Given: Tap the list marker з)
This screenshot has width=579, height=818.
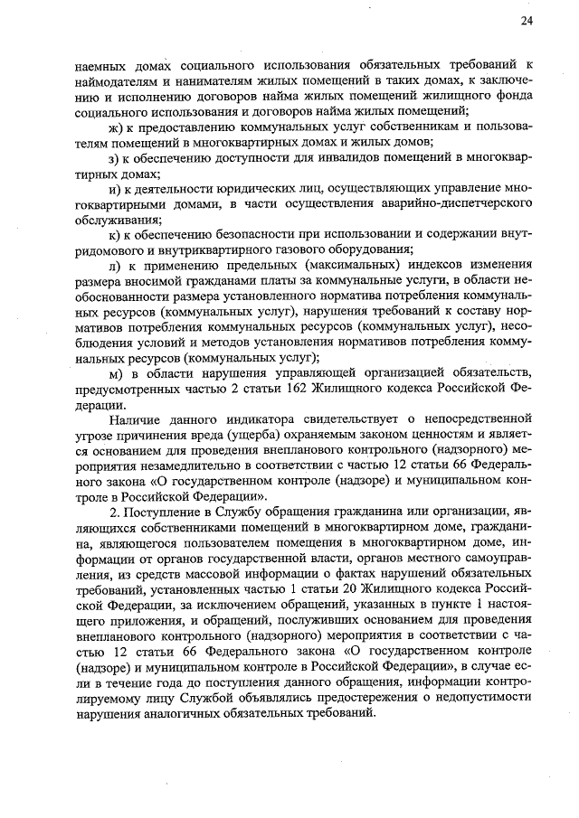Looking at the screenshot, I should pos(113,159).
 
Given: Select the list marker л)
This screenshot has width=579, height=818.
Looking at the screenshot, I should pos(114,265).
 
